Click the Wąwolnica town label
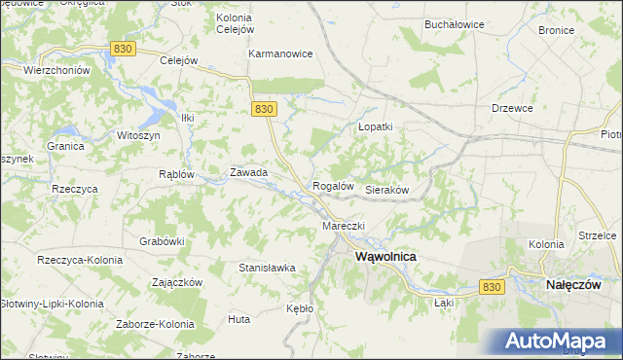click(386, 256)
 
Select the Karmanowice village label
click(280, 54)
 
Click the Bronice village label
click(556, 30)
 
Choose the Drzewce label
click(512, 108)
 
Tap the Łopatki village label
click(375, 126)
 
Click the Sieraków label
click(385, 191)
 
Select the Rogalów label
click(331, 185)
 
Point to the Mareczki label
click(343, 226)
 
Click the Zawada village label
click(248, 172)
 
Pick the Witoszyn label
click(138, 136)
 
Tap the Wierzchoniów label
click(56, 70)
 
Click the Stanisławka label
click(267, 266)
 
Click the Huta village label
click(238, 318)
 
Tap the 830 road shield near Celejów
click(122, 48)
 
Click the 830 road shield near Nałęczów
click(493, 287)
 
